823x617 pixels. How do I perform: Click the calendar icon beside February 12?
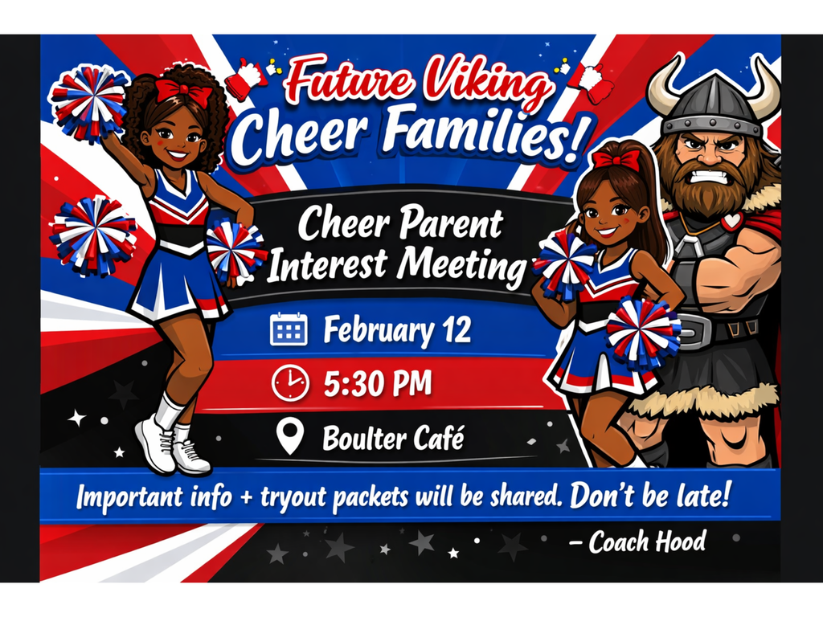click(x=289, y=329)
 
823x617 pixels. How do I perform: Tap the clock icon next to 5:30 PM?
click(x=289, y=382)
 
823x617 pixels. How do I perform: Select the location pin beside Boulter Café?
click(x=289, y=438)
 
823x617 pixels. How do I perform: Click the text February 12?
click(x=396, y=330)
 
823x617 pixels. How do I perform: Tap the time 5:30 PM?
click(x=377, y=383)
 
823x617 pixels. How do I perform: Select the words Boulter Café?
click(x=392, y=439)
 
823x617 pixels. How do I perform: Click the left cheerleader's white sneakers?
click(x=170, y=447)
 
